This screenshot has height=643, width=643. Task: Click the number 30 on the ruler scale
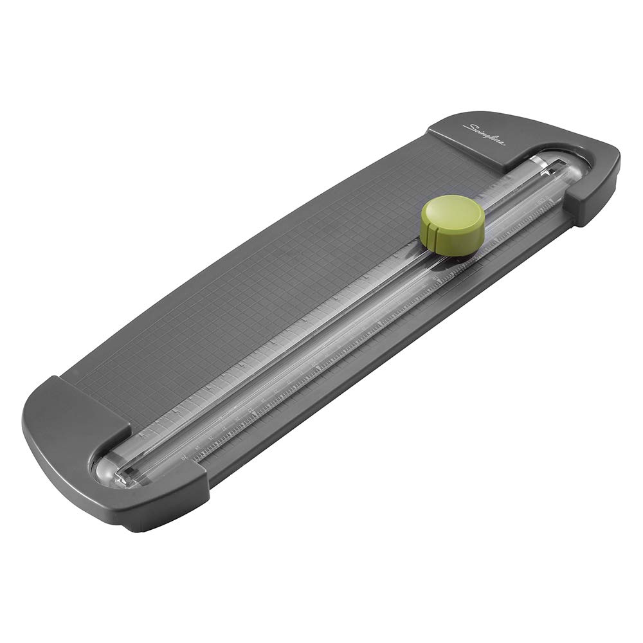click(x=186, y=456)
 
